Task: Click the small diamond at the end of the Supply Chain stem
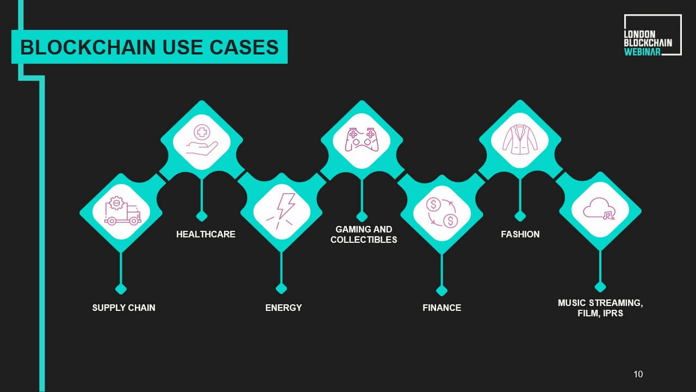click(x=121, y=289)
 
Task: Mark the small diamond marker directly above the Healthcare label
click(x=202, y=216)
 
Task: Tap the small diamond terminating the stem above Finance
click(x=442, y=291)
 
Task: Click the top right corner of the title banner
click(x=288, y=30)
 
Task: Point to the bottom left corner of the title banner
click(x=11, y=64)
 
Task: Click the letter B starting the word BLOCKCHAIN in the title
click(x=27, y=47)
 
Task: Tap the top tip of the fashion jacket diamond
click(x=520, y=100)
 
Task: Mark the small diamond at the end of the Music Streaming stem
click(x=600, y=286)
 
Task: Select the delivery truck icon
click(x=122, y=210)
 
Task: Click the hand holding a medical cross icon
click(x=202, y=140)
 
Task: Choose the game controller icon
click(x=362, y=139)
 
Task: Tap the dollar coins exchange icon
click(x=442, y=213)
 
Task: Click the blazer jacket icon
click(x=520, y=140)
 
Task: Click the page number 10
click(x=638, y=374)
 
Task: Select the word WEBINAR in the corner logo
click(x=642, y=52)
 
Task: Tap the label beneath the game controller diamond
click(x=364, y=234)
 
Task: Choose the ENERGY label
click(x=283, y=308)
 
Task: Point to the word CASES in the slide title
click(x=244, y=47)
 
